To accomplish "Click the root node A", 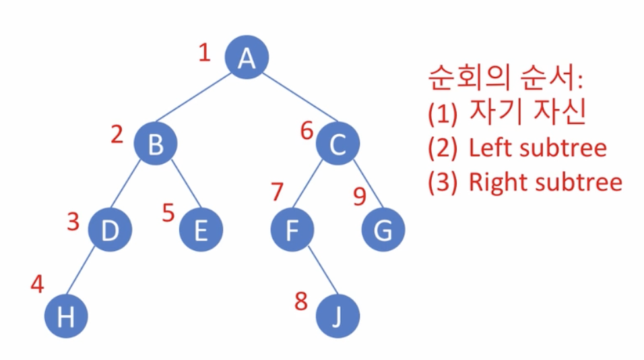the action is click(x=247, y=59).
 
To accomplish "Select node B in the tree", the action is click(x=155, y=144).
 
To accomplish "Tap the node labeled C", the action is click(x=338, y=144).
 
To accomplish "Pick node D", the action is click(x=110, y=230).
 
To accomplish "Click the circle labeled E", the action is click(x=201, y=230).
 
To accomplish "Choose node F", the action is click(x=292, y=230).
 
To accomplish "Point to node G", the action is click(x=383, y=230).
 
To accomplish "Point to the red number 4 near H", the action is click(x=38, y=284).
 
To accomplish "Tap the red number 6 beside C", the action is click(x=307, y=131).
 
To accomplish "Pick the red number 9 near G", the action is click(x=360, y=196).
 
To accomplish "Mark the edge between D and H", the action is click(x=88, y=273).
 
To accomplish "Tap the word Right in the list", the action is click(x=493, y=182).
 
